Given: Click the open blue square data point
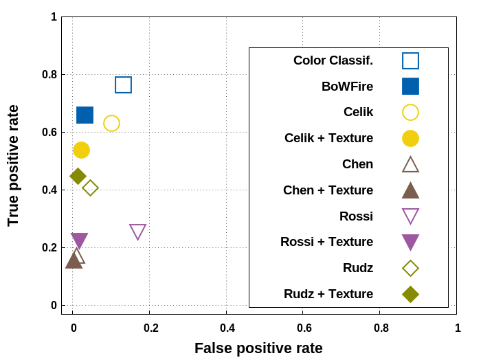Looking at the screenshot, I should (x=123, y=85).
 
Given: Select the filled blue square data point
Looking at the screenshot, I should (x=85, y=115).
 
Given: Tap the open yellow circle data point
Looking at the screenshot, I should (x=111, y=123).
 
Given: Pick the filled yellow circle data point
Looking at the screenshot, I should (x=81, y=150).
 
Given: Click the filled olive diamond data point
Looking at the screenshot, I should (x=78, y=176).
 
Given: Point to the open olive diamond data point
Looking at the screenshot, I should (x=90, y=188).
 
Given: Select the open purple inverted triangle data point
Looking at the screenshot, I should (x=137, y=232).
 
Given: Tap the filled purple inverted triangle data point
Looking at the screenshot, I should (x=80, y=240).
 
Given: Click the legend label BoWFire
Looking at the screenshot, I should (x=347, y=87).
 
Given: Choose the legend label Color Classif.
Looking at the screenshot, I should (x=333, y=60).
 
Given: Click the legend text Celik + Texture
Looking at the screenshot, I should (x=328, y=138).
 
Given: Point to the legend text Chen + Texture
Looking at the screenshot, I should (x=328, y=190).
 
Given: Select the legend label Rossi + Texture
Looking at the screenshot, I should (x=326, y=242).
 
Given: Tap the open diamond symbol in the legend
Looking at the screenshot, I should (x=410, y=268).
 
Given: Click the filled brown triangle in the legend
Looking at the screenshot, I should (x=410, y=190).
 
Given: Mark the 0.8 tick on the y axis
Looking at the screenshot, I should (x=54, y=74).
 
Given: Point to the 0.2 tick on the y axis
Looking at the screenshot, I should (x=54, y=247).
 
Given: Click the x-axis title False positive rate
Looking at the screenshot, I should (x=258, y=348).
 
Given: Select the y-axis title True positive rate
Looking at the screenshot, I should (x=13, y=165).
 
